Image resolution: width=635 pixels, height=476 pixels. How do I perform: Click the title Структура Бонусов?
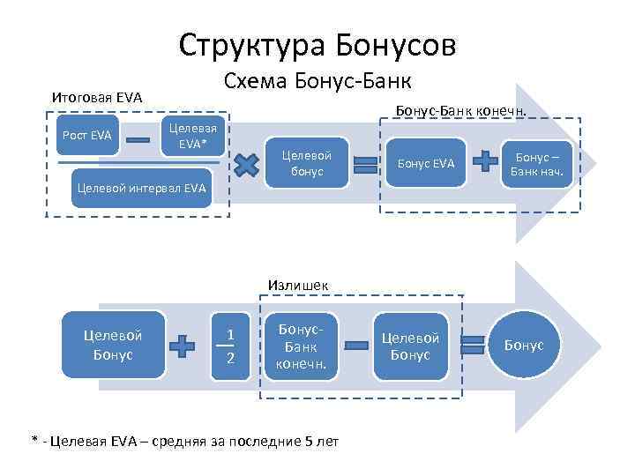pyautogui.click(x=317, y=44)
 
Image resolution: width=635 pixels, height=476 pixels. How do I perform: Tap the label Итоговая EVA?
pyautogui.click(x=97, y=96)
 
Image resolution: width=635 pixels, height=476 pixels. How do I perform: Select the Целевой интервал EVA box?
pyautogui.click(x=141, y=187)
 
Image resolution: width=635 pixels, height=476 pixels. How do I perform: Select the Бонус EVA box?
pyautogui.click(x=426, y=164)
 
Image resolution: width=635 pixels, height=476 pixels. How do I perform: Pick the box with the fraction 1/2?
pyautogui.click(x=230, y=346)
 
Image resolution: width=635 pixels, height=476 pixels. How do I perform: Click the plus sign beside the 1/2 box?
pyautogui.click(x=183, y=346)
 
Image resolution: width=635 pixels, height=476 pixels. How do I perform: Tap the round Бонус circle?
pyautogui.click(x=525, y=346)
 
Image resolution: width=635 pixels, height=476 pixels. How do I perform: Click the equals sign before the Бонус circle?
pyautogui.click(x=474, y=346)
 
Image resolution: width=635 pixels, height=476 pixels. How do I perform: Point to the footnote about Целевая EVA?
pyautogui.click(x=184, y=441)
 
